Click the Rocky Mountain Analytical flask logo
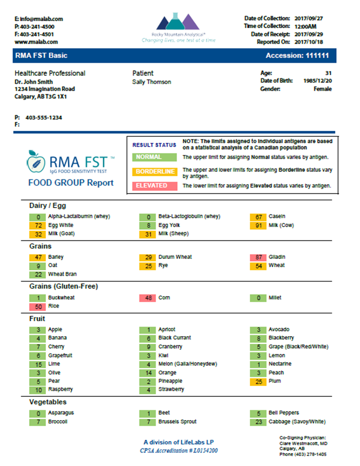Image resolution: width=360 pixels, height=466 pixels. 178,22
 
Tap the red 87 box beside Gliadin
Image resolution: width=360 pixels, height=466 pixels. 258,257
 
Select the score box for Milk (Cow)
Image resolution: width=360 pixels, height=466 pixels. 258,225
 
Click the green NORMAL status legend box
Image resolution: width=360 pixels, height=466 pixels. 155,157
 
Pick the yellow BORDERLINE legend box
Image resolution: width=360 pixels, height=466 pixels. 155,171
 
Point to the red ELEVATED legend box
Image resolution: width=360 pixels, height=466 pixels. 155,186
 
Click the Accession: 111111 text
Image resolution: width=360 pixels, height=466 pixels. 297,56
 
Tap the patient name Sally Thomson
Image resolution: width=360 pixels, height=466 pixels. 151,82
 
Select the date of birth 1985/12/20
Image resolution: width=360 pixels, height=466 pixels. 317,81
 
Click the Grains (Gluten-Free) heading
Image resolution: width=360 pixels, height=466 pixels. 64,287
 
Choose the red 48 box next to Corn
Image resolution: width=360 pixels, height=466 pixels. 148,298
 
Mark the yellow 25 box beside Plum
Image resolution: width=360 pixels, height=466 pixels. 258,382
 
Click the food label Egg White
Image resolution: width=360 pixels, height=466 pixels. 61,225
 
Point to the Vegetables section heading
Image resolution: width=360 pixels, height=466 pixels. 48,402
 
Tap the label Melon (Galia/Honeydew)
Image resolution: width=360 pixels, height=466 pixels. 188,364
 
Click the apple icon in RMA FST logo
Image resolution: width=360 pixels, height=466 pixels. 36,162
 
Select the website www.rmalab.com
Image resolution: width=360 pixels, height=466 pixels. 36,42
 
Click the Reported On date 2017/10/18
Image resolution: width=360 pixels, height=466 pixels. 309,42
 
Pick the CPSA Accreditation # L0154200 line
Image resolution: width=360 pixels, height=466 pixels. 179,450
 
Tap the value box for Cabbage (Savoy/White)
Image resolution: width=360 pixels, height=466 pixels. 258,422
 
